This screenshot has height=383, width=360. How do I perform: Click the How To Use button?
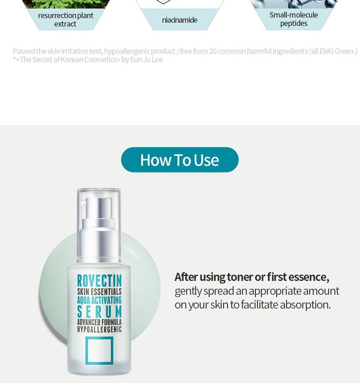(x=180, y=160)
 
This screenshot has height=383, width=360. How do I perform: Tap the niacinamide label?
(x=180, y=20)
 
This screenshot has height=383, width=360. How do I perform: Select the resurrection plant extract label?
(x=65, y=20)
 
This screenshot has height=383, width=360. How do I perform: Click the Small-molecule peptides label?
(x=293, y=19)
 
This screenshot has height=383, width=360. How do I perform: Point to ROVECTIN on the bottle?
(x=99, y=280)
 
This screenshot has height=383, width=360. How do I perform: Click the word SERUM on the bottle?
(x=99, y=312)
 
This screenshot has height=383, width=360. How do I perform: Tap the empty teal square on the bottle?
(x=99, y=350)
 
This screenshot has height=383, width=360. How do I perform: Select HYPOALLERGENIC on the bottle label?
(x=99, y=329)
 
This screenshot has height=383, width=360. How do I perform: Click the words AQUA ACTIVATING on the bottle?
(x=99, y=300)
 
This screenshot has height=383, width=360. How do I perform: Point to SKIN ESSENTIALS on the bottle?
(x=99, y=292)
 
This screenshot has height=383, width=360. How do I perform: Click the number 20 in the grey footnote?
(x=213, y=51)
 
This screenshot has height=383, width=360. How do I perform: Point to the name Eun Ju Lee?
(x=146, y=59)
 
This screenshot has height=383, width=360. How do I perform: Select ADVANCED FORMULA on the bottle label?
(x=99, y=322)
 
